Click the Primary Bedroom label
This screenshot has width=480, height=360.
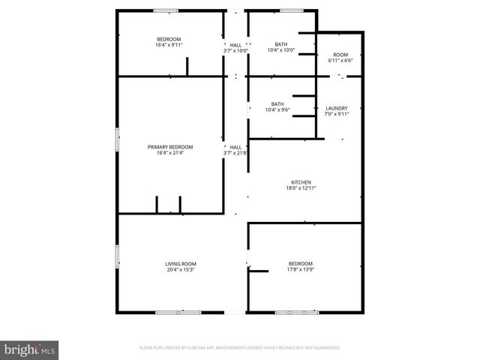[170, 146]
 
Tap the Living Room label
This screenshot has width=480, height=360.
[181, 263]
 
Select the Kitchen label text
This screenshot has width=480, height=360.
[301, 182]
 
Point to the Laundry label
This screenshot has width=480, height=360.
[336, 108]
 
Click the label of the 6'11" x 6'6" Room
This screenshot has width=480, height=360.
[340, 55]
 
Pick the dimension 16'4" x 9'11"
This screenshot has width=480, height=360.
[169, 45]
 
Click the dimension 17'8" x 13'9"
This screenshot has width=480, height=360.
[301, 269]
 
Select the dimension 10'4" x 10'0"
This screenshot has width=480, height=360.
[281, 50]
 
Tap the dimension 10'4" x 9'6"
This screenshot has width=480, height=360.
[277, 110]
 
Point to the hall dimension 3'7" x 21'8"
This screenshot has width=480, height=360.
[235, 153]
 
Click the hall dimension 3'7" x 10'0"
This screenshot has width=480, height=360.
[235, 50]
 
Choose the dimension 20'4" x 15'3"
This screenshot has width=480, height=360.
[181, 269]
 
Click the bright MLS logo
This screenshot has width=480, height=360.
[30, 349]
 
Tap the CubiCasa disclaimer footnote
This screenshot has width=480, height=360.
[240, 348]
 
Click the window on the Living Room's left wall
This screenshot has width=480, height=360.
[117, 256]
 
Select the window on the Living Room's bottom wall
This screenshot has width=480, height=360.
[178, 312]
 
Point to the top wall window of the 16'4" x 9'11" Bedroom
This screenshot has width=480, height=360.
[166, 10]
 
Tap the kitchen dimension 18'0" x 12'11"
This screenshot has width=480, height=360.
[301, 188]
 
